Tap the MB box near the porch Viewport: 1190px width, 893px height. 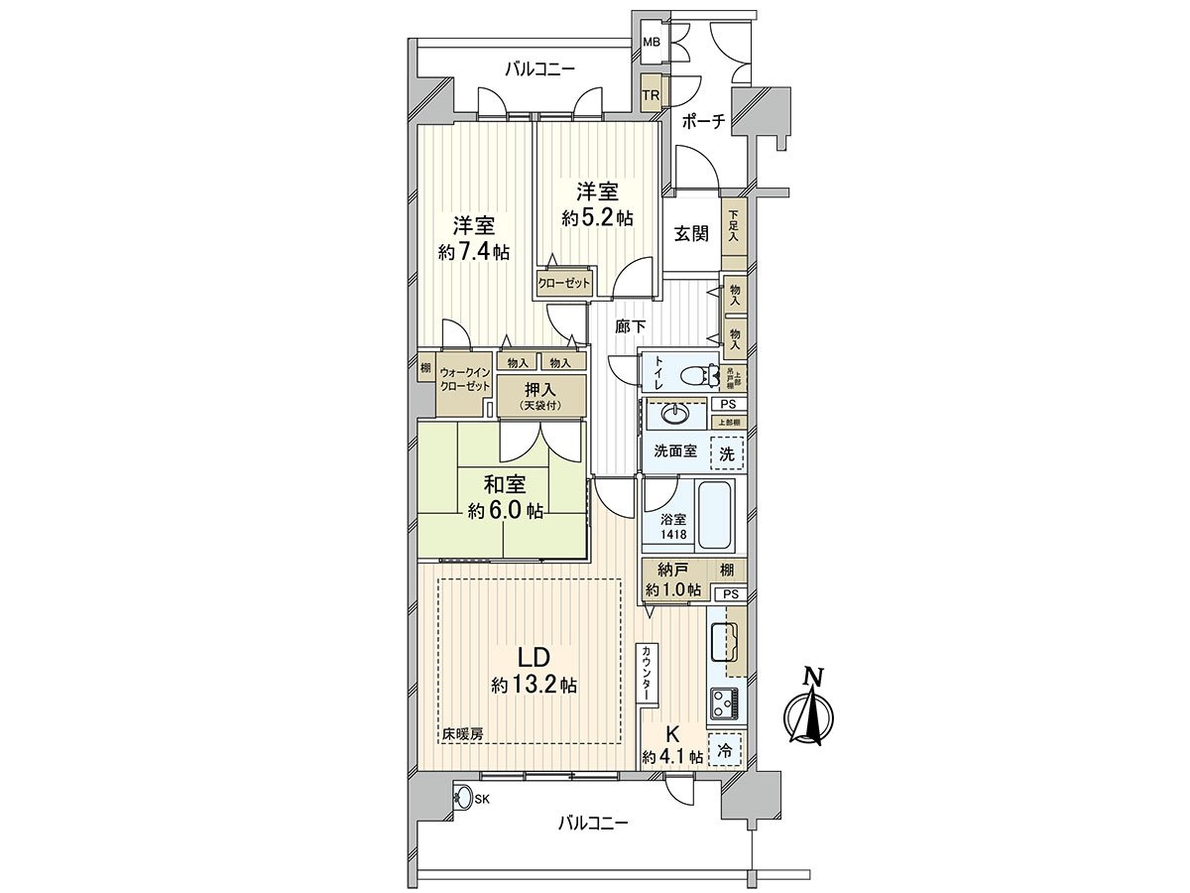(x=651, y=43)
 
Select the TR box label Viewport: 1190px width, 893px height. (x=651, y=95)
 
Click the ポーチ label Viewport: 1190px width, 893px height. (x=704, y=121)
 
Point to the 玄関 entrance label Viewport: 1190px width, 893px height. (x=691, y=234)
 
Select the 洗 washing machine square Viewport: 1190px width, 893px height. (x=728, y=454)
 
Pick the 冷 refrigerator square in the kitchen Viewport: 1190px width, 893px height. (x=725, y=751)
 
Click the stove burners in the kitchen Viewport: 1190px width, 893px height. (x=722, y=705)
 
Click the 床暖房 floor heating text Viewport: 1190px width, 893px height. (x=463, y=735)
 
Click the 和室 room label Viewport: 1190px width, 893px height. (x=505, y=485)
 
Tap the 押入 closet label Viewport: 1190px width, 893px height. (x=540, y=390)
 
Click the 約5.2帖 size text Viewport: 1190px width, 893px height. (x=597, y=218)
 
